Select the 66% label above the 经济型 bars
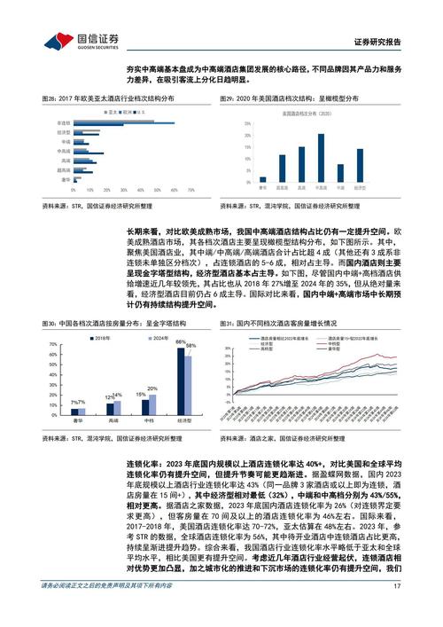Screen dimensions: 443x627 [x=181, y=341]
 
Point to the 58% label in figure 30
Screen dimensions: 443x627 [x=190, y=346]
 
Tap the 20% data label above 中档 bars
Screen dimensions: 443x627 [x=152, y=388]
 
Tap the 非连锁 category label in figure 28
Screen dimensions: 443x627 [x=63, y=123]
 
